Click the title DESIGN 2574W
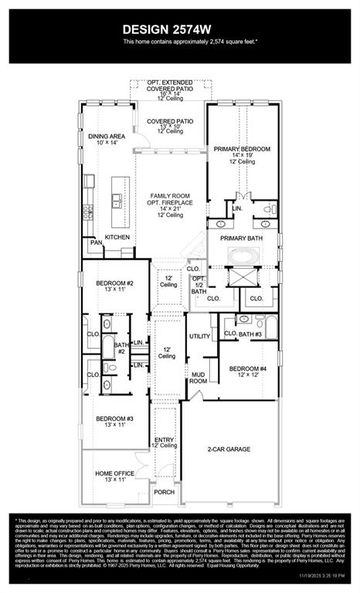coord(179,29)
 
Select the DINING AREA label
coord(105,135)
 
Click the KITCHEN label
coord(117,237)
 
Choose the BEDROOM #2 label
coord(115,284)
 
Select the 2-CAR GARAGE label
coord(227,447)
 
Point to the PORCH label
coord(164,491)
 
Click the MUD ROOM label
coord(199,378)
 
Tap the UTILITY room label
coord(200,337)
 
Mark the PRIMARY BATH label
coord(243,239)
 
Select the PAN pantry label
coord(96,242)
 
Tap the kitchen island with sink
coord(118,195)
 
